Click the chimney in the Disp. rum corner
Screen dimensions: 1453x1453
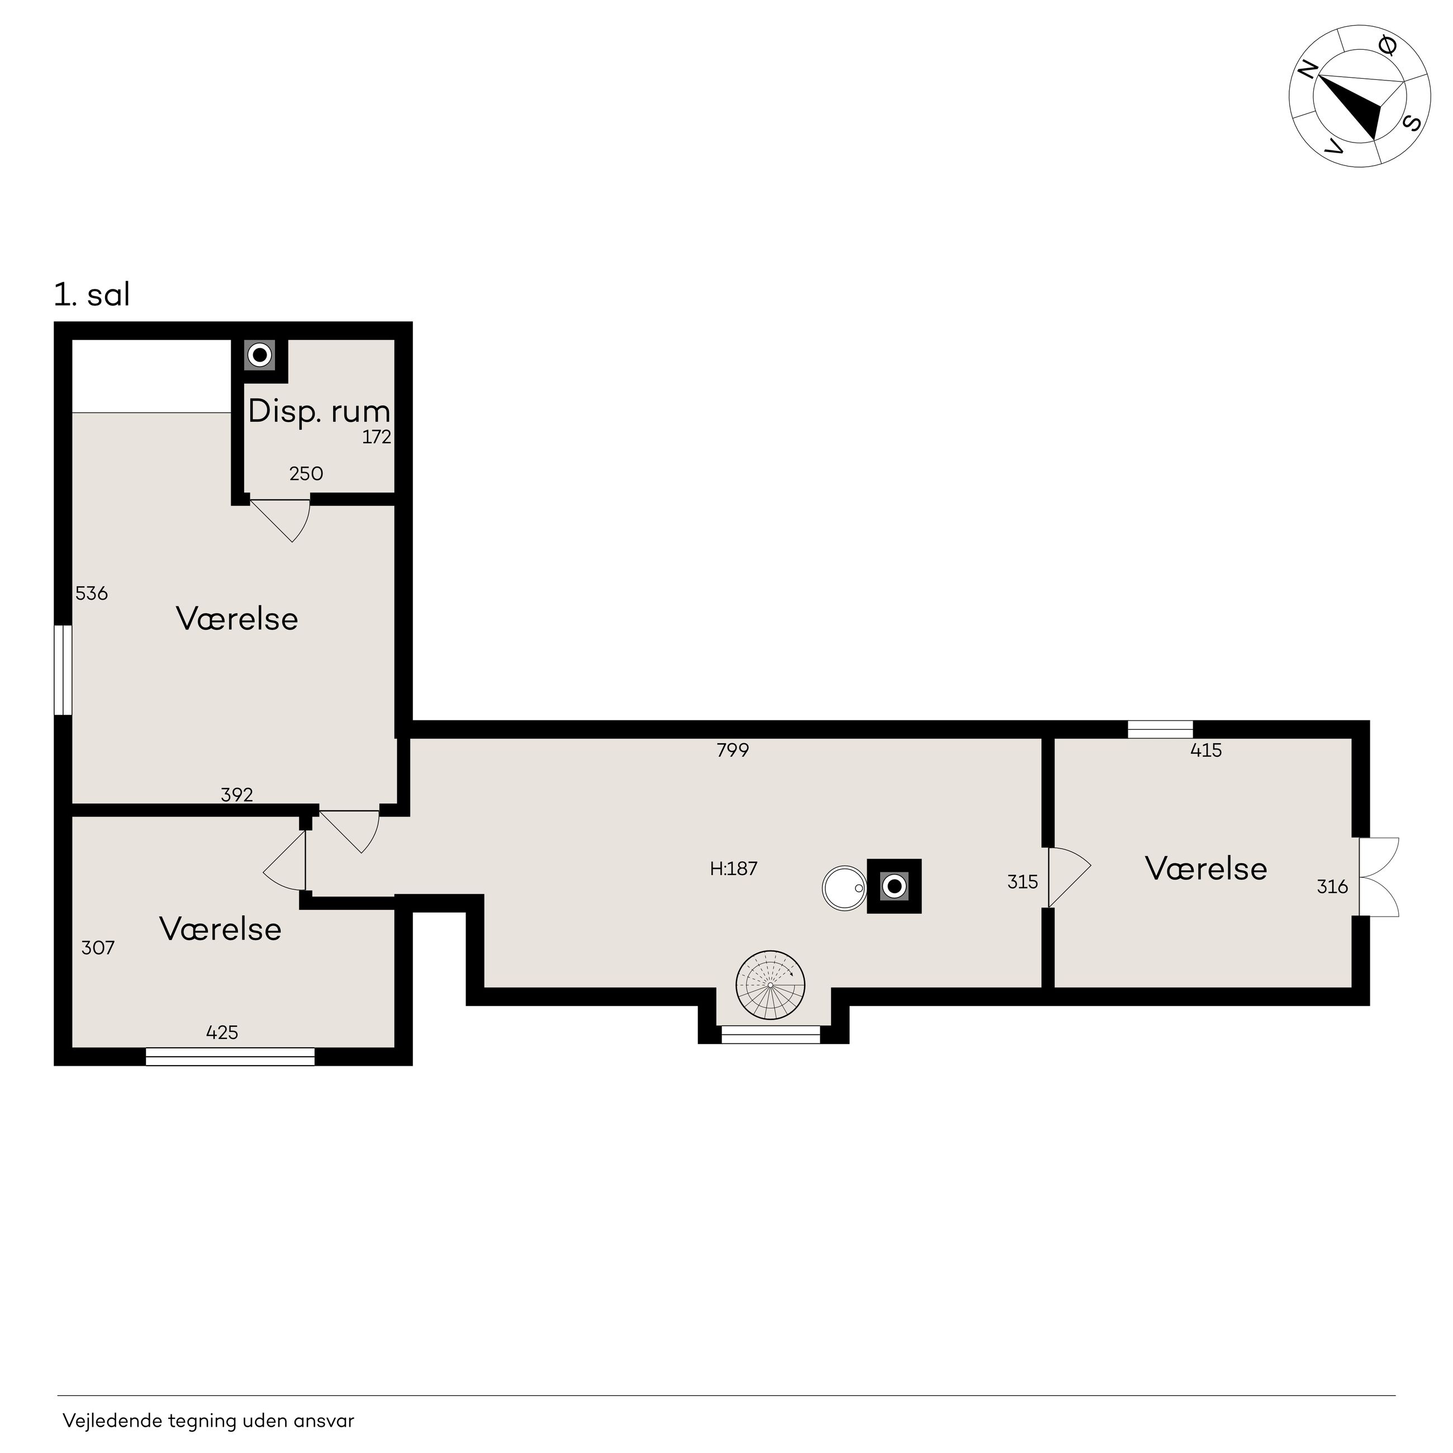[259, 354]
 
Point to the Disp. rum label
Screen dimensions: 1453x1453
[319, 411]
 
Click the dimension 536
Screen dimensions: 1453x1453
[92, 593]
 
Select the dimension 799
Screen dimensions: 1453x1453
[733, 750]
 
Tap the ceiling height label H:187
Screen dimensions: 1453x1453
[733, 868]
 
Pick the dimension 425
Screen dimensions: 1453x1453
[222, 1033]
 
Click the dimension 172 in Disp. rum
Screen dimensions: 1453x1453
[377, 437]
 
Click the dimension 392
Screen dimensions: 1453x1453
[237, 794]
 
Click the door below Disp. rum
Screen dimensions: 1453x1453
[281, 520]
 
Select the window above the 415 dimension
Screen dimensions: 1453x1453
[1161, 729]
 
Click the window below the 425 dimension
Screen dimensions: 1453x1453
[230, 1057]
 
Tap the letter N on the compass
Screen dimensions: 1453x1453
[1308, 69]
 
